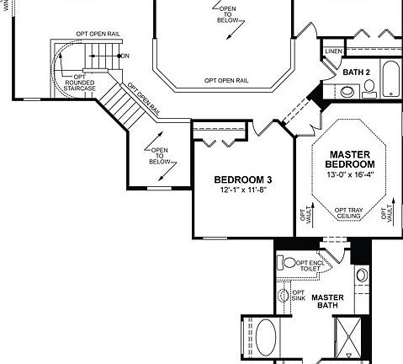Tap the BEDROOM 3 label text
[242, 179]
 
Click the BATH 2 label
[357, 72]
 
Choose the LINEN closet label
[332, 52]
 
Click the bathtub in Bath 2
[391, 80]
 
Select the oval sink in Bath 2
[370, 92]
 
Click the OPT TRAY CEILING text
[347, 213]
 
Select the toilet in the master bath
[289, 263]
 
